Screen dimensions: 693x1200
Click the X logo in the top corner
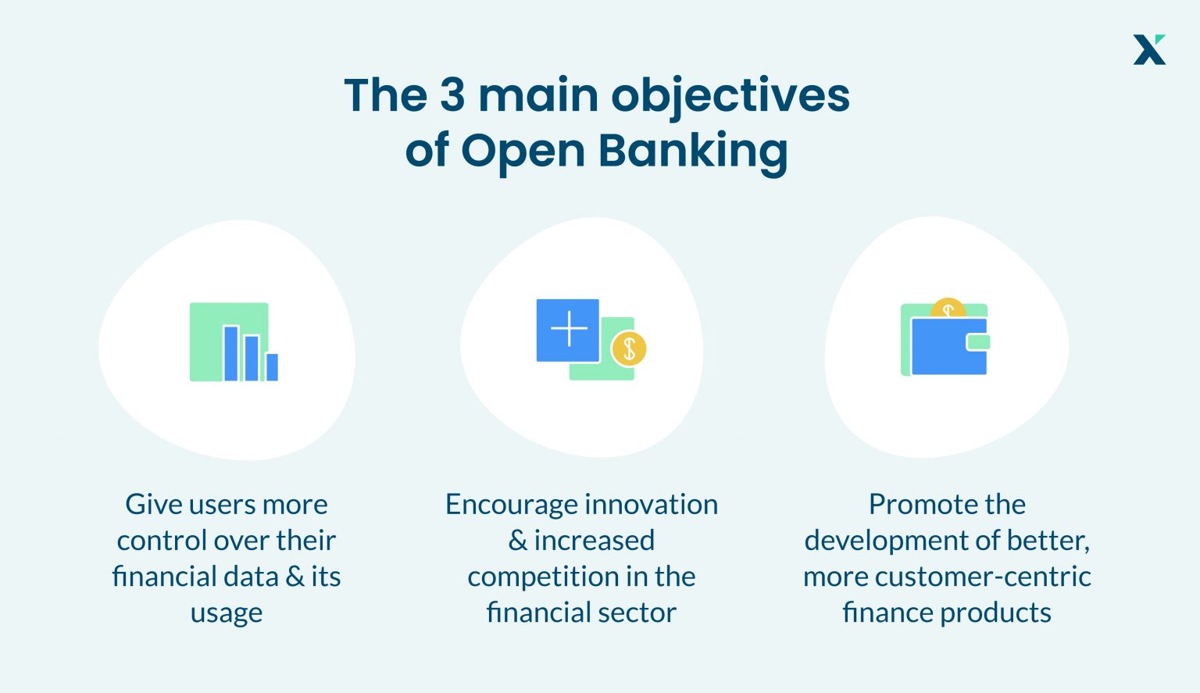tap(1149, 49)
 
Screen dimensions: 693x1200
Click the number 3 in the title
tap(452, 95)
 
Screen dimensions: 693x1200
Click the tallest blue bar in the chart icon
tap(231, 353)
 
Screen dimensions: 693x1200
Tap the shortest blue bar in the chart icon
tap(272, 366)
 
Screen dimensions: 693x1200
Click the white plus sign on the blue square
tap(569, 329)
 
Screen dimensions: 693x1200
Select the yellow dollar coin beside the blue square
tap(629, 348)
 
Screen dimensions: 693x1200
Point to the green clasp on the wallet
tap(979, 341)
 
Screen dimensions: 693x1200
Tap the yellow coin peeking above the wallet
tap(948, 307)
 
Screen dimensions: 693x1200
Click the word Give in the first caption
tap(153, 505)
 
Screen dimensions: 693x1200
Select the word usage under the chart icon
tap(226, 613)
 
